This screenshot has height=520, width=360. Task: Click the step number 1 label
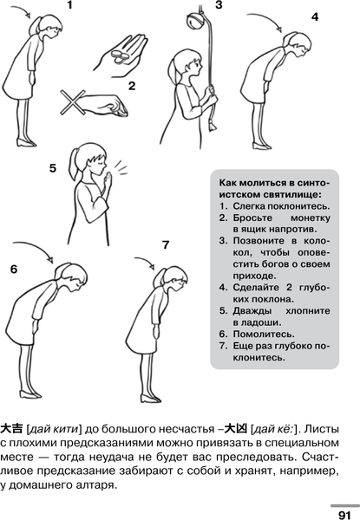click(69, 6)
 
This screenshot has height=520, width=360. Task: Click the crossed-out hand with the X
click(93, 105)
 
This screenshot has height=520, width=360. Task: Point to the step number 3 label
click(219, 6)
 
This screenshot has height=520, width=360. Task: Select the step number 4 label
click(314, 16)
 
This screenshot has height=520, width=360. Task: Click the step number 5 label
click(52, 168)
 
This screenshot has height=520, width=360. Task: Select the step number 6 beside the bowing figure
click(13, 270)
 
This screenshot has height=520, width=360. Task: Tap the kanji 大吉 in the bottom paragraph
click(12, 427)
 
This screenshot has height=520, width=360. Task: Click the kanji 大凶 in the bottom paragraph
click(234, 427)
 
